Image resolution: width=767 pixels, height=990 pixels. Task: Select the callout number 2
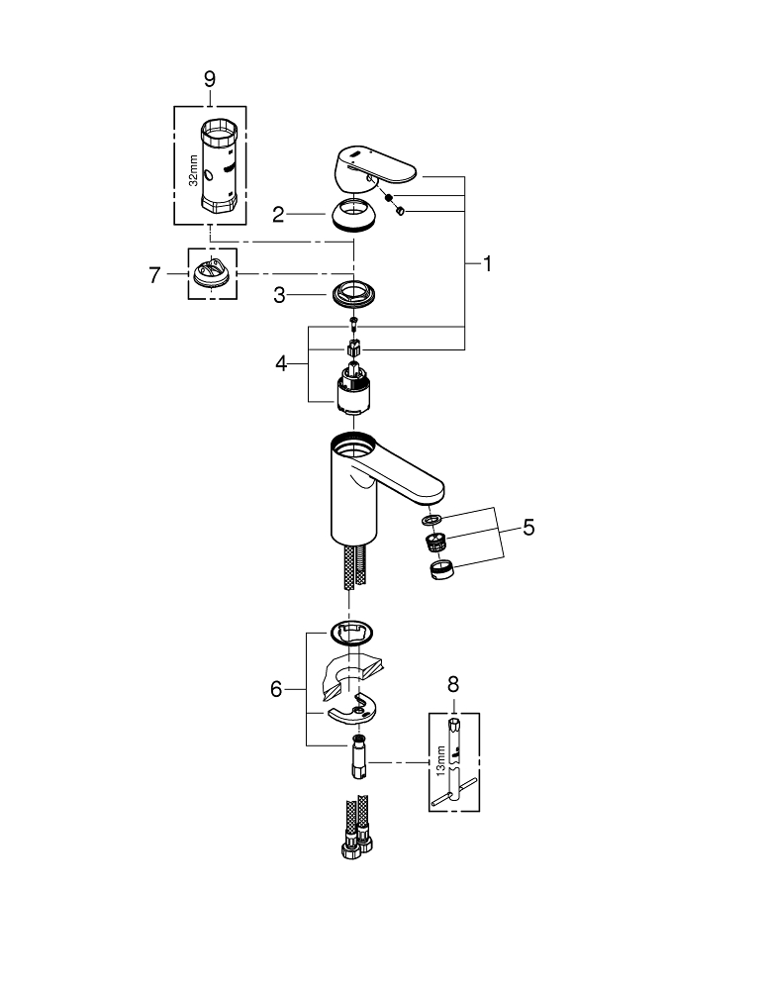coord(280,213)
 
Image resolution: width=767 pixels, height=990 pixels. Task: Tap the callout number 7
coord(154,275)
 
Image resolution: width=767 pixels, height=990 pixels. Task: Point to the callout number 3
coord(280,294)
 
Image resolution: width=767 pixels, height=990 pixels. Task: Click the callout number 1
coord(486,264)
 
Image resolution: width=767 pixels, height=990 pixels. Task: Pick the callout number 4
coord(281,363)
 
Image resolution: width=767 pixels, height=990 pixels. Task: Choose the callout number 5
coord(528,528)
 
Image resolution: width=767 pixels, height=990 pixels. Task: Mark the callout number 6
coord(277,688)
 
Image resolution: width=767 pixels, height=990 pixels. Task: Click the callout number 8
coord(454,682)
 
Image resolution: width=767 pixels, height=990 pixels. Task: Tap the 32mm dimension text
coord(193,170)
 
